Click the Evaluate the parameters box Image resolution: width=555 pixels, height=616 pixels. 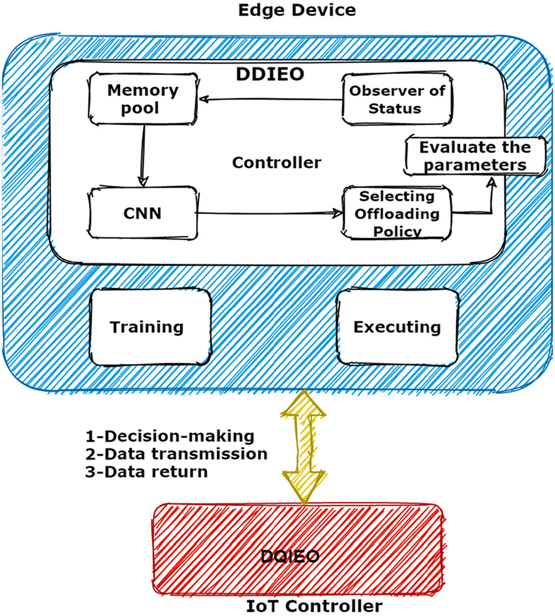(x=475, y=156)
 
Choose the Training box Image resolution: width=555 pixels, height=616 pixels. (x=147, y=327)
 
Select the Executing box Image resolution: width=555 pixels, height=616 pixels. (x=397, y=327)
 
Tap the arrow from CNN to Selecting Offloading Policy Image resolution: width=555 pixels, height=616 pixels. (x=268, y=213)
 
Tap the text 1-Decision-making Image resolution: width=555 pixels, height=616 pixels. (x=170, y=436)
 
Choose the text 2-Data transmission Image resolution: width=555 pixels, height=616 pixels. (x=176, y=454)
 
